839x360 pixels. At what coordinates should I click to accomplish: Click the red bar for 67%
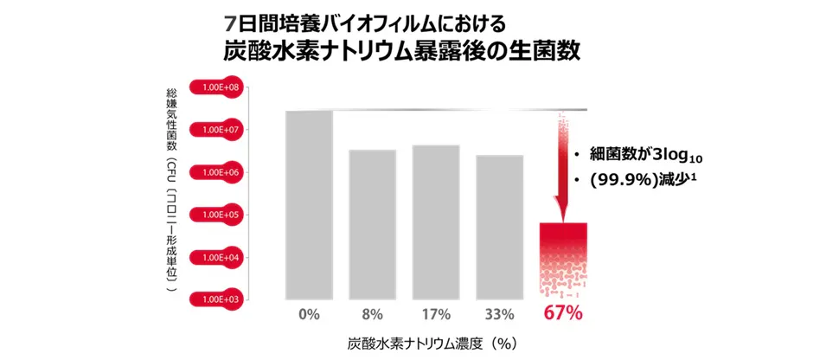563,260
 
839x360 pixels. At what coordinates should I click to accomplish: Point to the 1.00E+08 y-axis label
220,87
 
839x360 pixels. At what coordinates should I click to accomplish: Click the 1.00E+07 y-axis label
220,130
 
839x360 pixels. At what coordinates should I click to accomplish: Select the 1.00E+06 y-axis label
220,172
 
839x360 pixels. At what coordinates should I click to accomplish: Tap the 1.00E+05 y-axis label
220,214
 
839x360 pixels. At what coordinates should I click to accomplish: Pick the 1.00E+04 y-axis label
220,256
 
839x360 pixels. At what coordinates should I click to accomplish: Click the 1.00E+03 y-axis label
220,299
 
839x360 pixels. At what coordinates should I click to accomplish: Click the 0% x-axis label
309,313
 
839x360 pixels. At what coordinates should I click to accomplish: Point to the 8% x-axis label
372,313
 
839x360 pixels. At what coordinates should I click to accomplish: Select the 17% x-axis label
436,313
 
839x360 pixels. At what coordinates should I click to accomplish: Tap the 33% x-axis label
499,313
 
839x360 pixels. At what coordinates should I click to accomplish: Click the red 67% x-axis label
563,313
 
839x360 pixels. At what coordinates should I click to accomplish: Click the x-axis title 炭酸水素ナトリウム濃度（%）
432,344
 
